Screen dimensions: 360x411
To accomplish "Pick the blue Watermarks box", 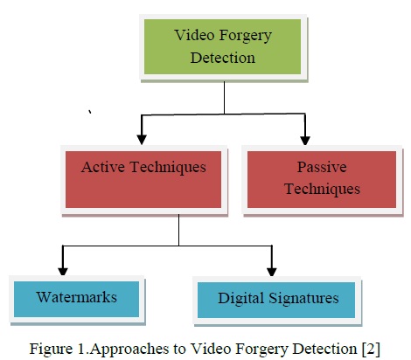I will click(x=77, y=298).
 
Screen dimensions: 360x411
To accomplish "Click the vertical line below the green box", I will click(x=224, y=95).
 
